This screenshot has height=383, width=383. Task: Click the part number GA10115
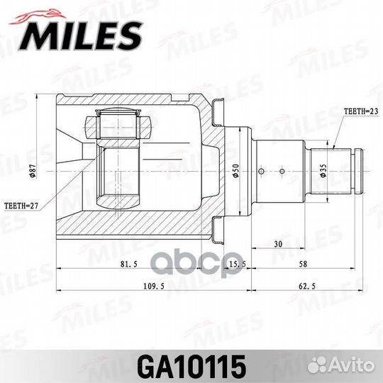coord(191,367)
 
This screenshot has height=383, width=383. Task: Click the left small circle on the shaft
coord(262,170)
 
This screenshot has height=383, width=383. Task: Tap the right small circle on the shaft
coord(282,170)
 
